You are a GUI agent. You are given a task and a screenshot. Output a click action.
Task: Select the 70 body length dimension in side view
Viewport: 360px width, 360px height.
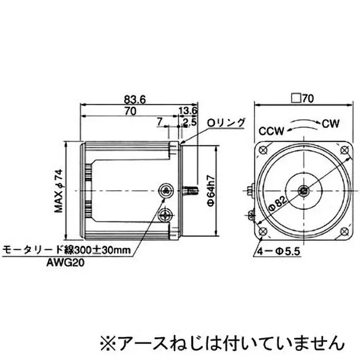pyautogui.click(x=130, y=111)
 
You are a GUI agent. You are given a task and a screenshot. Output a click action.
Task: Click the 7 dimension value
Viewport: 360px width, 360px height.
pyautogui.click(x=159, y=121)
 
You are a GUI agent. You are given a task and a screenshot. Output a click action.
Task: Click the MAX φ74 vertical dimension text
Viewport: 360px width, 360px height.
pyautogui.click(x=58, y=191)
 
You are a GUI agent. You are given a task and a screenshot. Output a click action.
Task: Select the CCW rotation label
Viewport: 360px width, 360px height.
pyautogui.click(x=271, y=131)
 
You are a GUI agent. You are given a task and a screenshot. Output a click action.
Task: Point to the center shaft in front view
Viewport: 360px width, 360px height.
pyautogui.click(x=304, y=191)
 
